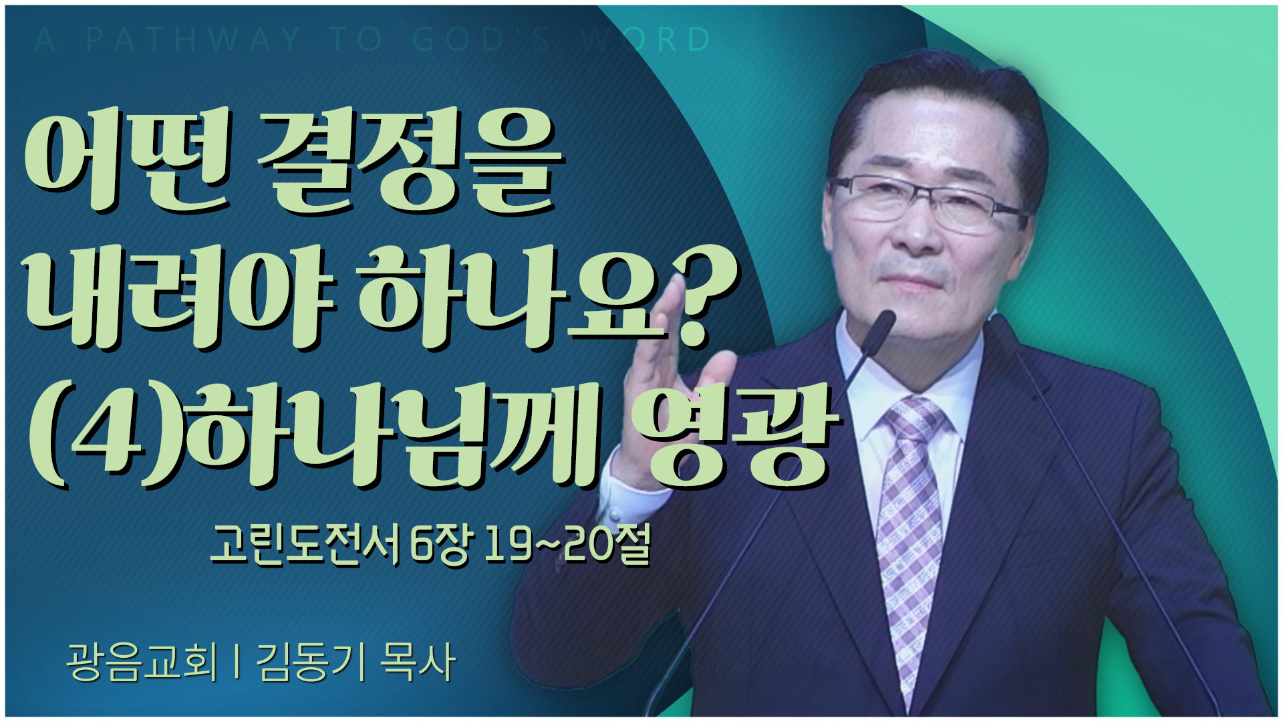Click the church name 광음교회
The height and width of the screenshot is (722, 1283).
click(x=142, y=662)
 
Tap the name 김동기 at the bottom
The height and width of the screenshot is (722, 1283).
click(x=311, y=662)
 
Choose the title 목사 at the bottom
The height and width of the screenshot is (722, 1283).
click(x=418, y=662)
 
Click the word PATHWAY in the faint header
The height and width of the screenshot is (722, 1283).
click(x=193, y=39)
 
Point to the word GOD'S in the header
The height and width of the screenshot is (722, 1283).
click(x=480, y=39)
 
